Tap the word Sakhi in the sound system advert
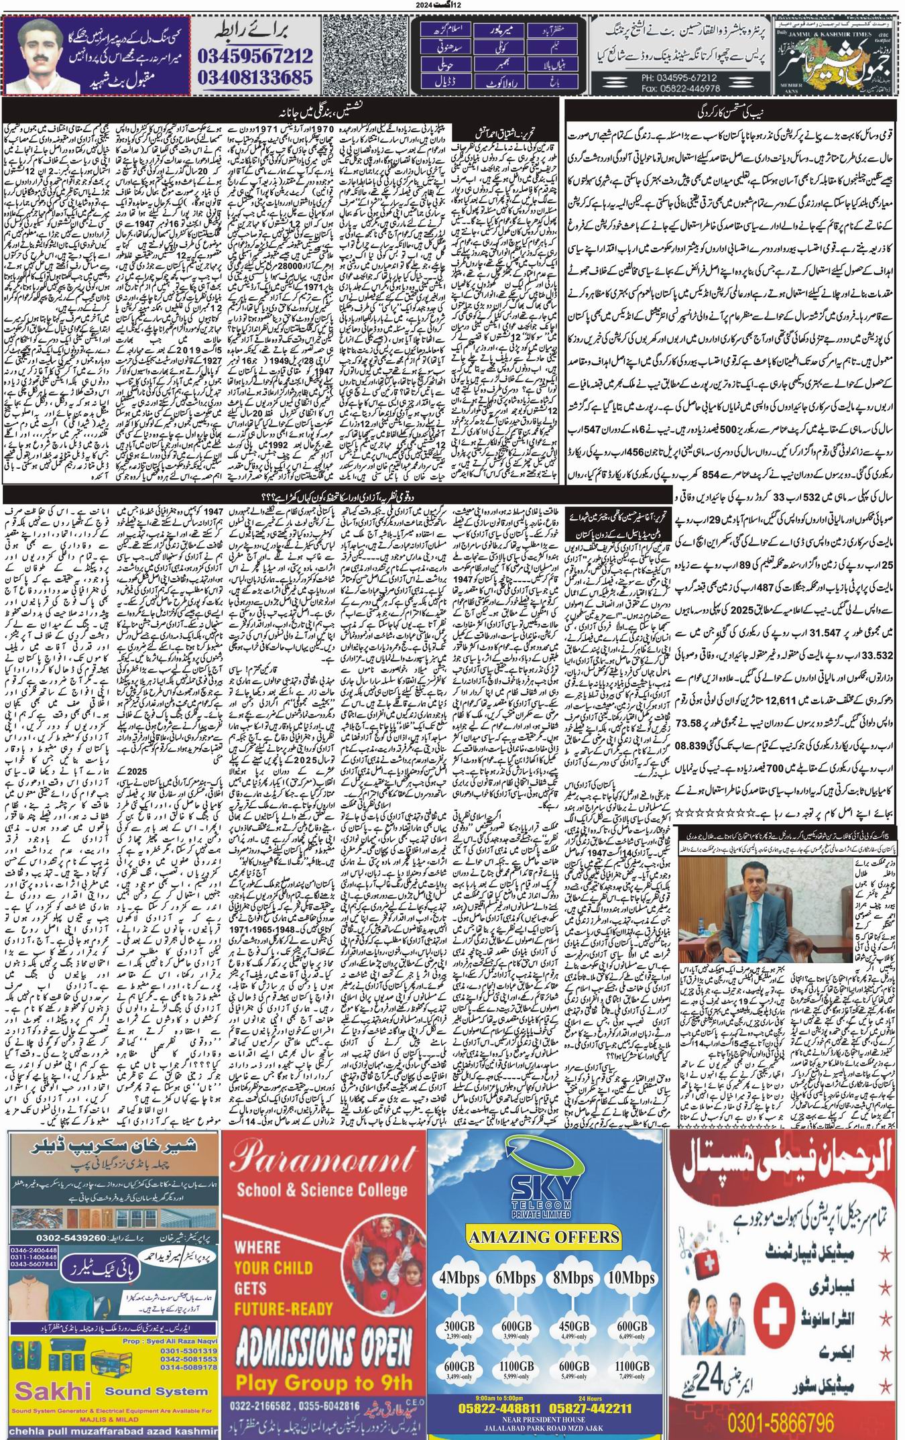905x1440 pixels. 52,1385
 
